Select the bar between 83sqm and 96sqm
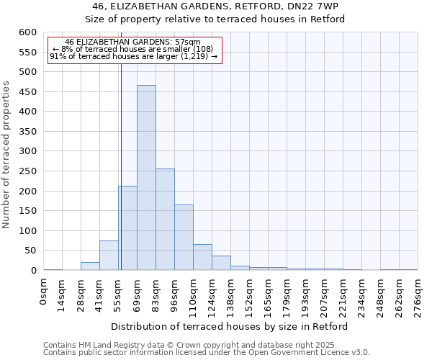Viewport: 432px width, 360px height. tap(165, 220)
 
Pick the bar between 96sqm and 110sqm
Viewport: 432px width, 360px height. tap(184, 238)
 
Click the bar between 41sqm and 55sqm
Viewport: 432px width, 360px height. tap(109, 256)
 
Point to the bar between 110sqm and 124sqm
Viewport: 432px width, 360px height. tap(202, 257)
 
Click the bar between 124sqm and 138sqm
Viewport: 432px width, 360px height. tap(221, 263)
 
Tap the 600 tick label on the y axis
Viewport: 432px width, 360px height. tap(27, 32)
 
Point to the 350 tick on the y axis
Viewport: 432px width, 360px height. tap(27, 132)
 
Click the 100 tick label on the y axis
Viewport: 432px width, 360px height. tap(27, 231)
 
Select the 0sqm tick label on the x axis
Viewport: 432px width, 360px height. tap(45, 292)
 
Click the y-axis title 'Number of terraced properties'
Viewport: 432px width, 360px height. tap(6, 155)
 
